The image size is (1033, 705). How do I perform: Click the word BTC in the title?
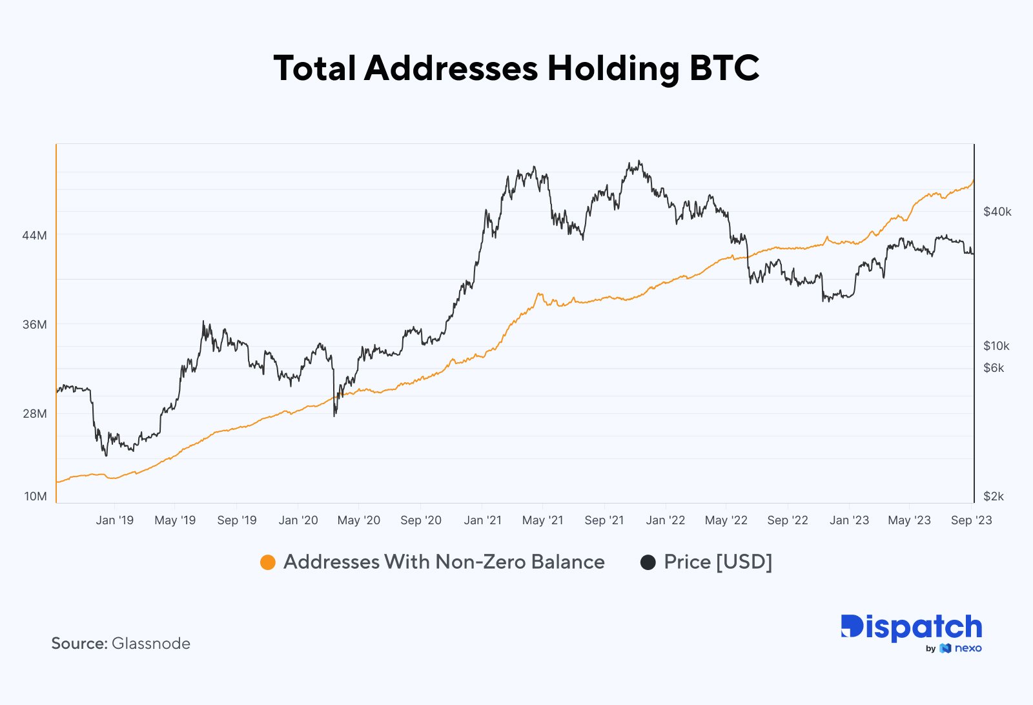pyautogui.click(x=724, y=68)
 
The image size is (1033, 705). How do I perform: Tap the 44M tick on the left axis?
pyautogui.click(x=35, y=236)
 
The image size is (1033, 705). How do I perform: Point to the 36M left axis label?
pyautogui.click(x=35, y=325)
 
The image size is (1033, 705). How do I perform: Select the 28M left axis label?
pyautogui.click(x=35, y=414)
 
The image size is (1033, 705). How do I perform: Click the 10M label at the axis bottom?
pyautogui.click(x=36, y=496)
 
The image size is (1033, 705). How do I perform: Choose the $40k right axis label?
pyautogui.click(x=997, y=212)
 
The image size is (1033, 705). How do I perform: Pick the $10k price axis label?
pyautogui.click(x=996, y=346)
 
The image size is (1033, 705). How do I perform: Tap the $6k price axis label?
pyautogui.click(x=994, y=368)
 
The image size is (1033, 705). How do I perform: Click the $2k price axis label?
pyautogui.click(x=994, y=496)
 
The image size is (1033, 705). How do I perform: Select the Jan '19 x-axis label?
pyautogui.click(x=114, y=520)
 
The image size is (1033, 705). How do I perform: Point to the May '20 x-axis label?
pyautogui.click(x=358, y=520)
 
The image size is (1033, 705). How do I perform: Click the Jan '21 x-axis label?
pyautogui.click(x=482, y=520)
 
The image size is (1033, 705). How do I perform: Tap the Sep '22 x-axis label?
pyautogui.click(x=787, y=520)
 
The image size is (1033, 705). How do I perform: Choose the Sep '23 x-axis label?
pyautogui.click(x=971, y=520)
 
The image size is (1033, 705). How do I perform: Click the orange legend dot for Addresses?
pyautogui.click(x=267, y=562)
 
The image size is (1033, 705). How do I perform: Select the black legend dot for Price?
pyautogui.click(x=648, y=562)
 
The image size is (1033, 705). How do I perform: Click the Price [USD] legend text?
pyautogui.click(x=717, y=562)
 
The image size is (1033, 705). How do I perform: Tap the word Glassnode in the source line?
pyautogui.click(x=150, y=644)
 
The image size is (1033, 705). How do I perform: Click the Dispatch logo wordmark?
pyautogui.click(x=911, y=627)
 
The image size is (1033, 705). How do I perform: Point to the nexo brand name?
pyautogui.click(x=968, y=648)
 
